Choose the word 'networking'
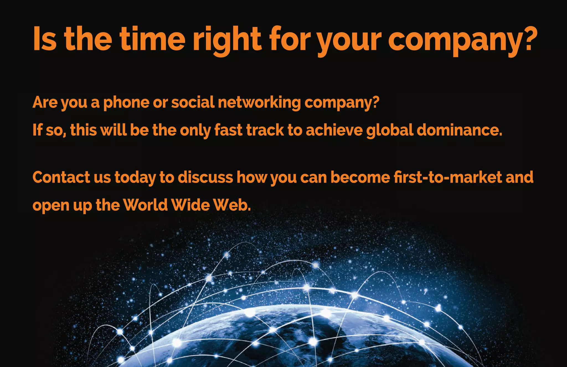point(259,103)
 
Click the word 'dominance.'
point(459,130)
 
